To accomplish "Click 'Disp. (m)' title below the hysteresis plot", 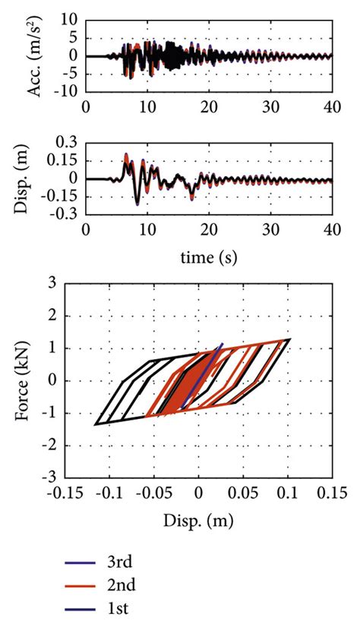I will click(x=198, y=521).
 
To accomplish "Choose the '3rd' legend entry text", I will click(x=123, y=562).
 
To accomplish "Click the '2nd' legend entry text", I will click(x=125, y=585).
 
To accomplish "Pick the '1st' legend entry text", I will click(x=122, y=608).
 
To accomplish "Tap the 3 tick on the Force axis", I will click(x=74, y=282).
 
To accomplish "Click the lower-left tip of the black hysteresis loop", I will click(x=96, y=424).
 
